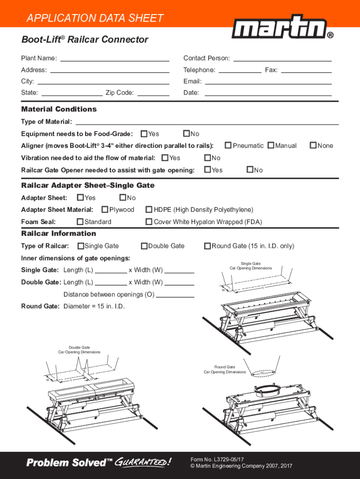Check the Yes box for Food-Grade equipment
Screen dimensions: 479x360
click(x=144, y=134)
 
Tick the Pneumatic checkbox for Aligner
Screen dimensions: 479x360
click(x=229, y=145)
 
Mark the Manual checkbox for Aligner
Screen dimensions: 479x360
click(x=271, y=145)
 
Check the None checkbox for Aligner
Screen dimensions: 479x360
click(x=313, y=145)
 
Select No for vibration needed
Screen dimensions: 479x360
click(x=208, y=158)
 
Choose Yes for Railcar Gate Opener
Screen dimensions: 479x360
click(x=208, y=170)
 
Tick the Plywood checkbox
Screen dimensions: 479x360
click(x=105, y=210)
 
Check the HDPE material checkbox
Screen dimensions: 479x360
click(x=150, y=210)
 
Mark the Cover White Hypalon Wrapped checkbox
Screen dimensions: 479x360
click(x=150, y=222)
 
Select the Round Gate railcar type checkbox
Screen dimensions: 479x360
click(x=208, y=246)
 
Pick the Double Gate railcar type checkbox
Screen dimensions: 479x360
click(x=144, y=246)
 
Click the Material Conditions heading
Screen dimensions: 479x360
click(x=59, y=109)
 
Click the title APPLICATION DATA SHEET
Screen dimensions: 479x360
click(x=95, y=19)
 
